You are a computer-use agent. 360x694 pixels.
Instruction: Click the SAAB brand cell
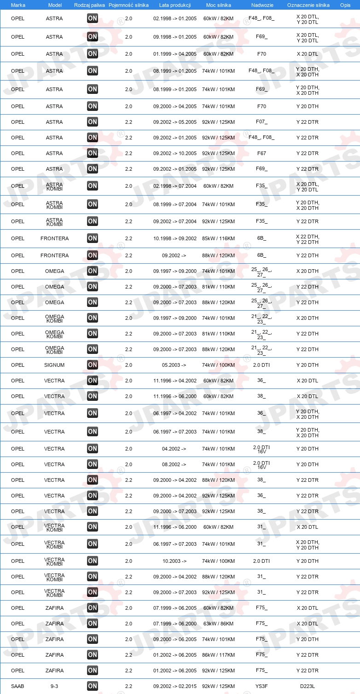[x=17, y=686]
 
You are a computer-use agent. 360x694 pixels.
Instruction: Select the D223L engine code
[x=307, y=686]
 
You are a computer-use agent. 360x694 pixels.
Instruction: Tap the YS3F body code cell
[x=261, y=686]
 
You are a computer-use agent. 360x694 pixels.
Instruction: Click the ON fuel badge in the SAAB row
[x=93, y=686]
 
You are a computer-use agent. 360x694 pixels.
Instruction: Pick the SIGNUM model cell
[x=54, y=365]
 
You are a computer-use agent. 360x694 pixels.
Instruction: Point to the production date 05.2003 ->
[x=174, y=365]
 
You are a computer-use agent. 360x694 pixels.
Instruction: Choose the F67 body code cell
[x=261, y=153]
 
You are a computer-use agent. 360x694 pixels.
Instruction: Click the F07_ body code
[x=261, y=122]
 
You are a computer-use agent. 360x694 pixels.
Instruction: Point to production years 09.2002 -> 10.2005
[x=174, y=153]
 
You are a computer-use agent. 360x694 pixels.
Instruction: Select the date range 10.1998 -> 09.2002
[x=174, y=238]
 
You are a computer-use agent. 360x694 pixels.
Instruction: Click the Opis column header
[x=345, y=5]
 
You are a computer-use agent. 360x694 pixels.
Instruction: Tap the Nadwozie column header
[x=261, y=5]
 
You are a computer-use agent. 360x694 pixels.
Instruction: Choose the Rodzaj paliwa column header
[x=89, y=5]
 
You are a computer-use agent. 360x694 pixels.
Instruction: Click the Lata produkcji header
[x=174, y=5]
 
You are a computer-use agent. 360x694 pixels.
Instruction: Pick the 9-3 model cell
[x=54, y=686]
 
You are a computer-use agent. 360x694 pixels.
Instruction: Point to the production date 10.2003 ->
[x=174, y=561]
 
